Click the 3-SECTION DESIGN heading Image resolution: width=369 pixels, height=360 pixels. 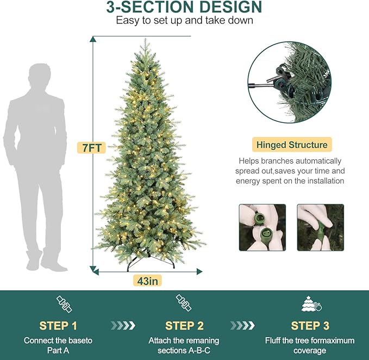click(x=184, y=8)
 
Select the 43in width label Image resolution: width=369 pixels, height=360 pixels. click(x=147, y=281)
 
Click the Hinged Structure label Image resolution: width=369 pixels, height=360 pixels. click(x=292, y=145)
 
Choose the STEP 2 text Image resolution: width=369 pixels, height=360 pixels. click(x=184, y=326)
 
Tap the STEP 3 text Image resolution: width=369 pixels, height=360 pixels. click(x=310, y=326)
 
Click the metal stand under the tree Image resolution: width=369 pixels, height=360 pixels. click(x=148, y=264)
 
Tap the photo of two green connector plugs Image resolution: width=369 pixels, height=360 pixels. click(x=262, y=227)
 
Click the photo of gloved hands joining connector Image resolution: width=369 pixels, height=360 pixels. click(x=320, y=227)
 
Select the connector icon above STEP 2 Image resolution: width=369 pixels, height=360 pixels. click(x=184, y=304)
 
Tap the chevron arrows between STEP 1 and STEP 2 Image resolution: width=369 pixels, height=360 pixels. click(x=122, y=325)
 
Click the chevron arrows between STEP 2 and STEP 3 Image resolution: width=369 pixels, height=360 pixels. click(x=242, y=325)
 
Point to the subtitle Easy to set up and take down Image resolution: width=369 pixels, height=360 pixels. click(x=184, y=21)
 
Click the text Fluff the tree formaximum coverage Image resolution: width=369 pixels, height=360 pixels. click(x=310, y=345)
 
